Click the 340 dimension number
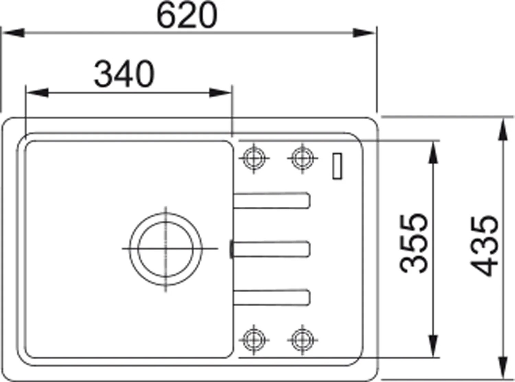click(124, 74)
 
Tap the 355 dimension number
click(413, 243)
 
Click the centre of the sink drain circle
click(166, 249)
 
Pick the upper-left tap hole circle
click(254, 158)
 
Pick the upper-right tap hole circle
click(302, 158)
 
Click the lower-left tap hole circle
click(254, 340)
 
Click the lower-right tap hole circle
click(302, 340)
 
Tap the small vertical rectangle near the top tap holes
click(337, 166)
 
